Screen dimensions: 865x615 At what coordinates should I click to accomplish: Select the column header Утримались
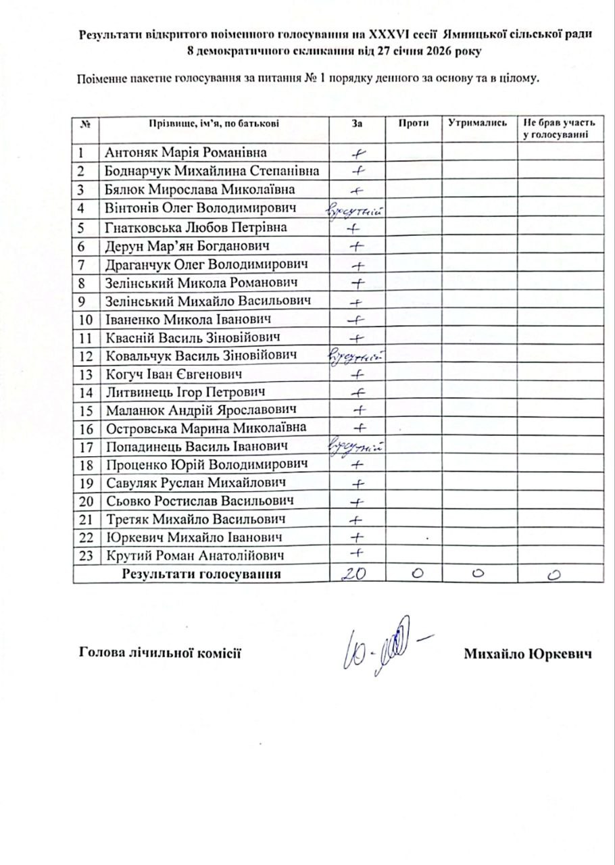(x=480, y=123)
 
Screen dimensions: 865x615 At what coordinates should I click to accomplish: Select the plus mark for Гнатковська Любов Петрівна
(x=356, y=228)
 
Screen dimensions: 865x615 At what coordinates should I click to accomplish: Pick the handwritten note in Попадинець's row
(x=356, y=446)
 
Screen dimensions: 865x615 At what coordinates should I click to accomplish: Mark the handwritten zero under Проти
(x=416, y=573)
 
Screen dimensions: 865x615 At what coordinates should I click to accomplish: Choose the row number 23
(x=84, y=555)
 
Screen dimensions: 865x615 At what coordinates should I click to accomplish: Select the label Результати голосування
(x=201, y=574)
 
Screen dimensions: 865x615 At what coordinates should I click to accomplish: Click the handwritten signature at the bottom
(x=382, y=645)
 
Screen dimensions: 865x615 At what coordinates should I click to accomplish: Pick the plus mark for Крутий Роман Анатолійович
(x=355, y=554)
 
